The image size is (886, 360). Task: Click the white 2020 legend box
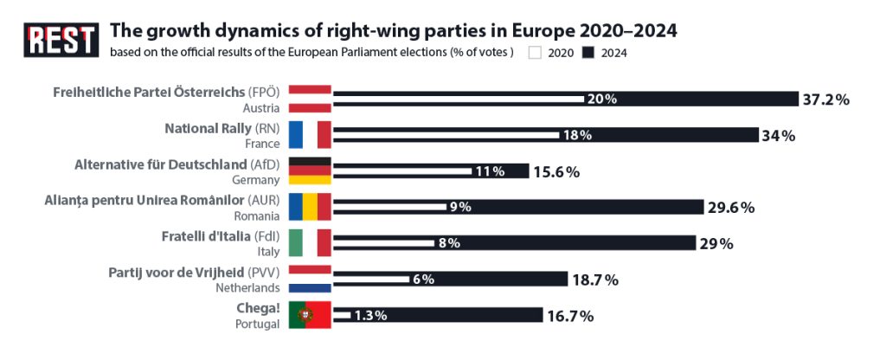(x=535, y=53)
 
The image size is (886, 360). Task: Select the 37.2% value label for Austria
(x=825, y=99)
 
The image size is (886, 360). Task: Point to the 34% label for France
(x=777, y=135)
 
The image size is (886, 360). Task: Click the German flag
(x=310, y=171)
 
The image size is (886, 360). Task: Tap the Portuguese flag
(x=310, y=316)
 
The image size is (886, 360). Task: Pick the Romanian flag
(x=310, y=208)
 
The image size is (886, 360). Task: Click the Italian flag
(x=310, y=243)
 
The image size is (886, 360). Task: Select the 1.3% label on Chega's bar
(x=369, y=316)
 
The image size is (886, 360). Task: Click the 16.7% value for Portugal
(x=570, y=316)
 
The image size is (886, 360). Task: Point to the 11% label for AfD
(x=490, y=171)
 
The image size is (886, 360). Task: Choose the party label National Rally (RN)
(x=221, y=128)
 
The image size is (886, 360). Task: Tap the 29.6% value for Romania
(x=731, y=208)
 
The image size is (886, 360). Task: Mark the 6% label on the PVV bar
(x=422, y=280)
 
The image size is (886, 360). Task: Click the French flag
(x=310, y=135)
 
